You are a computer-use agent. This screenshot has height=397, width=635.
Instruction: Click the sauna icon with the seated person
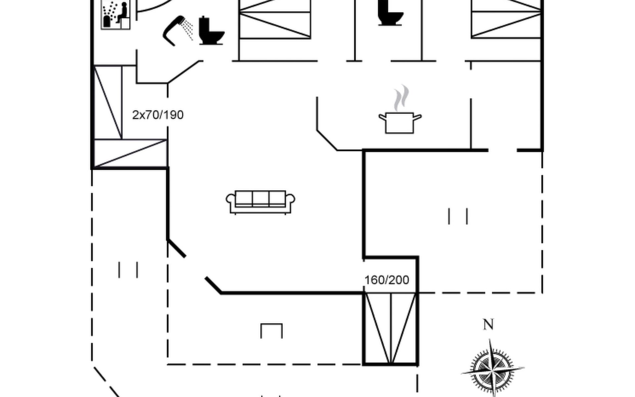point(115,15)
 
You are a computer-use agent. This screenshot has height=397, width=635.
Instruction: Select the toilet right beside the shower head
point(211,31)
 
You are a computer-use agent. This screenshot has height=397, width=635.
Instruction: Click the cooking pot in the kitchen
point(400,123)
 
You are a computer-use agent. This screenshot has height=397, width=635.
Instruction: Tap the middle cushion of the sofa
point(260,198)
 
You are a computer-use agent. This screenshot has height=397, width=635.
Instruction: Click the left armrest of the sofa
point(231,200)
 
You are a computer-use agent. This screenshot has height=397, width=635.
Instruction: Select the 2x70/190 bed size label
point(158,115)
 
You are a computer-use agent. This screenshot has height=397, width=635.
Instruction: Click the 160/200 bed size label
point(387,280)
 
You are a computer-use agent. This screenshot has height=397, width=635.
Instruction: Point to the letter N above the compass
point(488,325)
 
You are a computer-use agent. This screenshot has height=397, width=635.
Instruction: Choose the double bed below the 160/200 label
point(391,329)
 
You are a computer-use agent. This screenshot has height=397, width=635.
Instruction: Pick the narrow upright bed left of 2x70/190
point(108,102)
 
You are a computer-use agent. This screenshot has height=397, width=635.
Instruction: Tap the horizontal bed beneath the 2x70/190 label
point(131,153)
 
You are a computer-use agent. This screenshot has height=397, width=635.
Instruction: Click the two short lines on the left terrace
point(128,270)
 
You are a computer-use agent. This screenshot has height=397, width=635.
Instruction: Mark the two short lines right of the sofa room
point(458,216)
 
